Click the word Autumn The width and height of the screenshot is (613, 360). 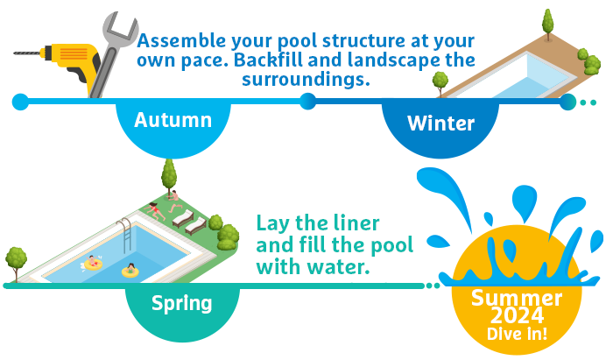point(173,120)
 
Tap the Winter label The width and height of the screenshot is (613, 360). point(440,124)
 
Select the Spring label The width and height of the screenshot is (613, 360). point(182,304)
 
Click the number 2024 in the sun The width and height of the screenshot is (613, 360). point(517,315)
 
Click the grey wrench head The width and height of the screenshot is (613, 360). point(119,29)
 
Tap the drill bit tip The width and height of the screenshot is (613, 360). point(15,53)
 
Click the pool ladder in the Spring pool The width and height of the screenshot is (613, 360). point(125,235)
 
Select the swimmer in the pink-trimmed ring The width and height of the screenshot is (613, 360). point(93,263)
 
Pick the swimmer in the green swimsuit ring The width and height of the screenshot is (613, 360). point(130,270)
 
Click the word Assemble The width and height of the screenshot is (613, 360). point(181,40)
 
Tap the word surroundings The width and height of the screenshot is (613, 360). point(306,80)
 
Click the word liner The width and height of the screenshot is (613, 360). point(356,223)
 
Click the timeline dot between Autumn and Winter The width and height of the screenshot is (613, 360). point(308,102)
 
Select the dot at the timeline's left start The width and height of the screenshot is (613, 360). point(20,102)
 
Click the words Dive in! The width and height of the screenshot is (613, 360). point(517,334)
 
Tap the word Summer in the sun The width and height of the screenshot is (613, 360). point(517,299)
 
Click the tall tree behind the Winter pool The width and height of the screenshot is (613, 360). point(547,25)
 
